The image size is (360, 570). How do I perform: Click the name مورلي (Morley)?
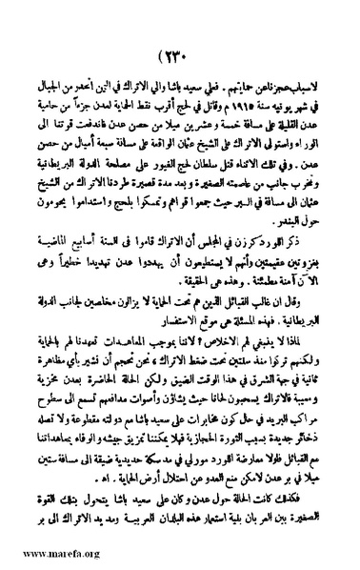pyautogui.click(x=182, y=435)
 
